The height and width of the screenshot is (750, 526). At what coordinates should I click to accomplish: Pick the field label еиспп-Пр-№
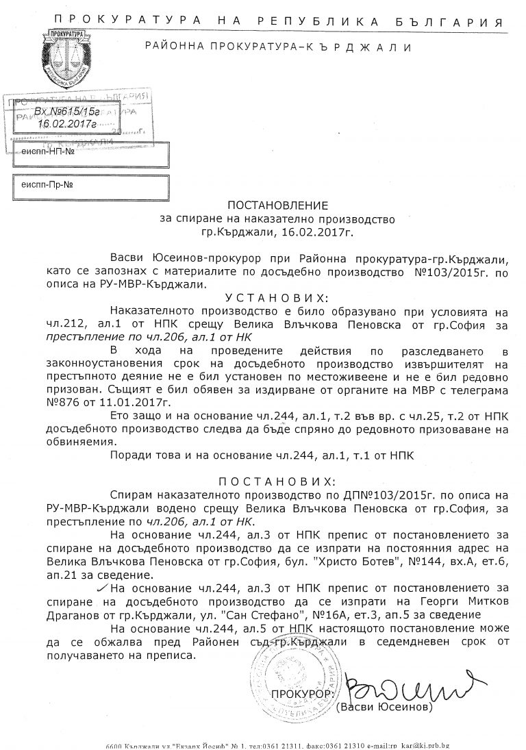coord(47,185)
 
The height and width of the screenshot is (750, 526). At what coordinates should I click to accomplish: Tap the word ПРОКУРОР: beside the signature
coord(302,694)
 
